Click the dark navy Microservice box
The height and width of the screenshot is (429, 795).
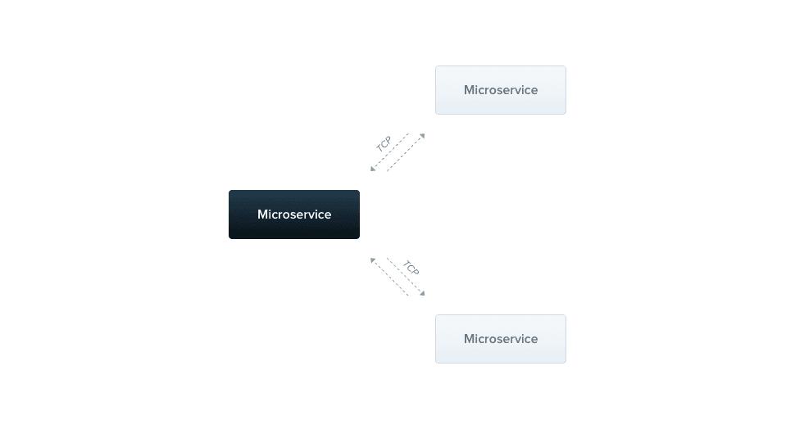click(x=293, y=214)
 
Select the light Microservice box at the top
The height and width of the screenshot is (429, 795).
click(x=500, y=90)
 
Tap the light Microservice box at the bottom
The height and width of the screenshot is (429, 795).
click(x=500, y=339)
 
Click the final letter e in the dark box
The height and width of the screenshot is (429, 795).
click(x=328, y=215)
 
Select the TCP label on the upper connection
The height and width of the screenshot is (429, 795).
click(x=384, y=143)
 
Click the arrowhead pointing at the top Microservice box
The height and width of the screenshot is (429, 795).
click(x=421, y=137)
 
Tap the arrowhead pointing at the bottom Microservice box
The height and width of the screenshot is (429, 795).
click(x=421, y=292)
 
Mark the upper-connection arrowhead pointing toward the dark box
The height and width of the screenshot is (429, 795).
click(x=373, y=168)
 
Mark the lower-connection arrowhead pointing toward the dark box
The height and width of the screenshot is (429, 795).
click(x=373, y=261)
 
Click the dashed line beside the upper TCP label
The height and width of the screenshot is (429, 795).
click(x=392, y=151)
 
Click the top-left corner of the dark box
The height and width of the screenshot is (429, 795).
click(x=230, y=192)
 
